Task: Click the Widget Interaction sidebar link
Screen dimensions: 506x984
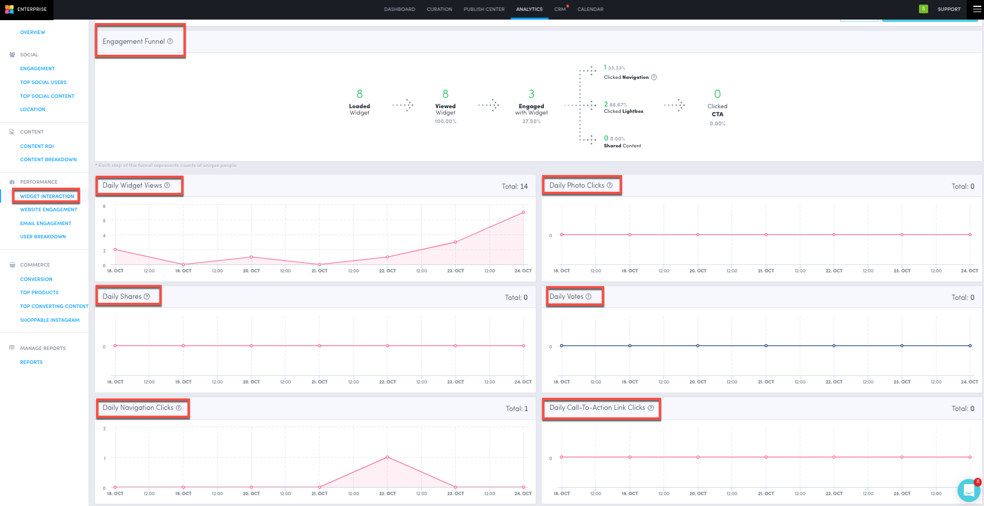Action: point(47,196)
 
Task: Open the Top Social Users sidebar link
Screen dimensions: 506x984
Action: point(43,82)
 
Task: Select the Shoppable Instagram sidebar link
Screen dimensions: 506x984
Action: point(49,320)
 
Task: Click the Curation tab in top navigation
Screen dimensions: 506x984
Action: point(439,9)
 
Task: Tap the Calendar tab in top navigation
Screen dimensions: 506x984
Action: point(590,9)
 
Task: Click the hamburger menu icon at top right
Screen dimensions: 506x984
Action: point(977,9)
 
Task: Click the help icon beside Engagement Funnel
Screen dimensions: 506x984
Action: point(170,41)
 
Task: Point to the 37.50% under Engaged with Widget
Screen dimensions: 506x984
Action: point(531,121)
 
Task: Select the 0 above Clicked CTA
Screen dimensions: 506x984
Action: point(717,94)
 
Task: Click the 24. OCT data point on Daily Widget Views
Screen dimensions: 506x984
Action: point(524,212)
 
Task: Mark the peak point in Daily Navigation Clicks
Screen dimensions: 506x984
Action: point(387,457)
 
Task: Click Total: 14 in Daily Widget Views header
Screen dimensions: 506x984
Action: point(514,187)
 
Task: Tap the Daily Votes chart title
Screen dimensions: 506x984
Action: point(566,296)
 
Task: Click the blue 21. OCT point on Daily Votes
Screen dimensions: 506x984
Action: point(766,345)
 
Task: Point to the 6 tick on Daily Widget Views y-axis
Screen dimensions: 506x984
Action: point(104,220)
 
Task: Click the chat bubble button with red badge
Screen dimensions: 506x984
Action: point(968,490)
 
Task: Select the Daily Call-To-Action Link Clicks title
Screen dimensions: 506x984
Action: point(597,408)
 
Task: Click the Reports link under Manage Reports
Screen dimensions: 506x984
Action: point(31,362)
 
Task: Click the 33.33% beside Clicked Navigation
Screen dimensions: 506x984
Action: point(616,68)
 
